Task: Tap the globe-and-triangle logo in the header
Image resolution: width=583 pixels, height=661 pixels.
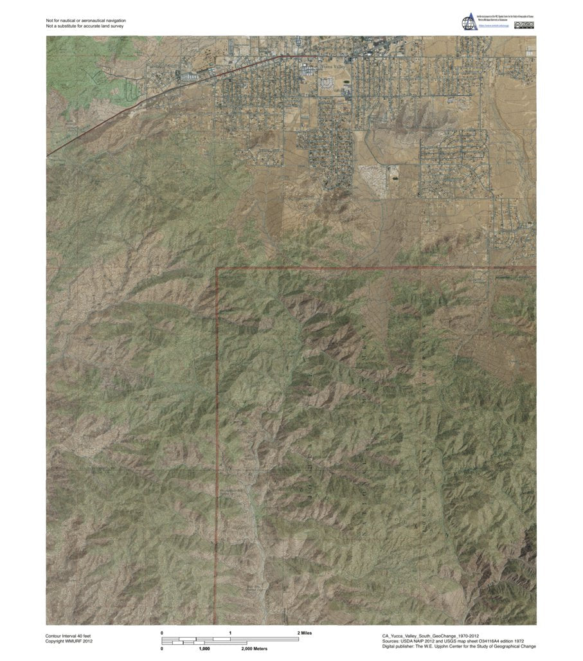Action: (469, 21)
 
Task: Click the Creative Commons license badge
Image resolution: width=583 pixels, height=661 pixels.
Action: (526, 26)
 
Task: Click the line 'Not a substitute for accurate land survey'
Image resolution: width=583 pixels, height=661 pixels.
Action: (85, 27)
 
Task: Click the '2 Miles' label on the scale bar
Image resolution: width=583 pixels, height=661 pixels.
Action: (305, 633)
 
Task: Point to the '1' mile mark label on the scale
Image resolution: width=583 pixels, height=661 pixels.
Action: (230, 633)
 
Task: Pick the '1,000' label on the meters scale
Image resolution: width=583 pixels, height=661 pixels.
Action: (204, 649)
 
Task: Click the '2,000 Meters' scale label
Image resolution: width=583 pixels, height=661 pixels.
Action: (255, 649)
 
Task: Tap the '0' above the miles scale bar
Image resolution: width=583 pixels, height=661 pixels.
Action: (162, 633)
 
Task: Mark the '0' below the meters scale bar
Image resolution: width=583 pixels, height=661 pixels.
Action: (162, 649)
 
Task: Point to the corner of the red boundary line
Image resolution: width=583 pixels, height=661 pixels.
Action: (217, 268)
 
